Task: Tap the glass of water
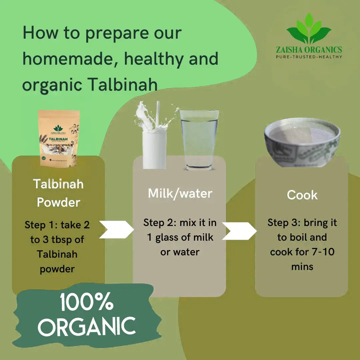coord(199,140)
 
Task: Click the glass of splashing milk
coord(154,140)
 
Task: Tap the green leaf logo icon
coord(309,29)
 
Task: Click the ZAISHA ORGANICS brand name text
coord(309,50)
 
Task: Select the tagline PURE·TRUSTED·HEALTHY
coord(309,57)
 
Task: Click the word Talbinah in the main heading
coord(122,85)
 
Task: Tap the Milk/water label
coord(180,193)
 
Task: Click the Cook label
coord(302,195)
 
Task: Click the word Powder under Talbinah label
coord(58,202)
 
